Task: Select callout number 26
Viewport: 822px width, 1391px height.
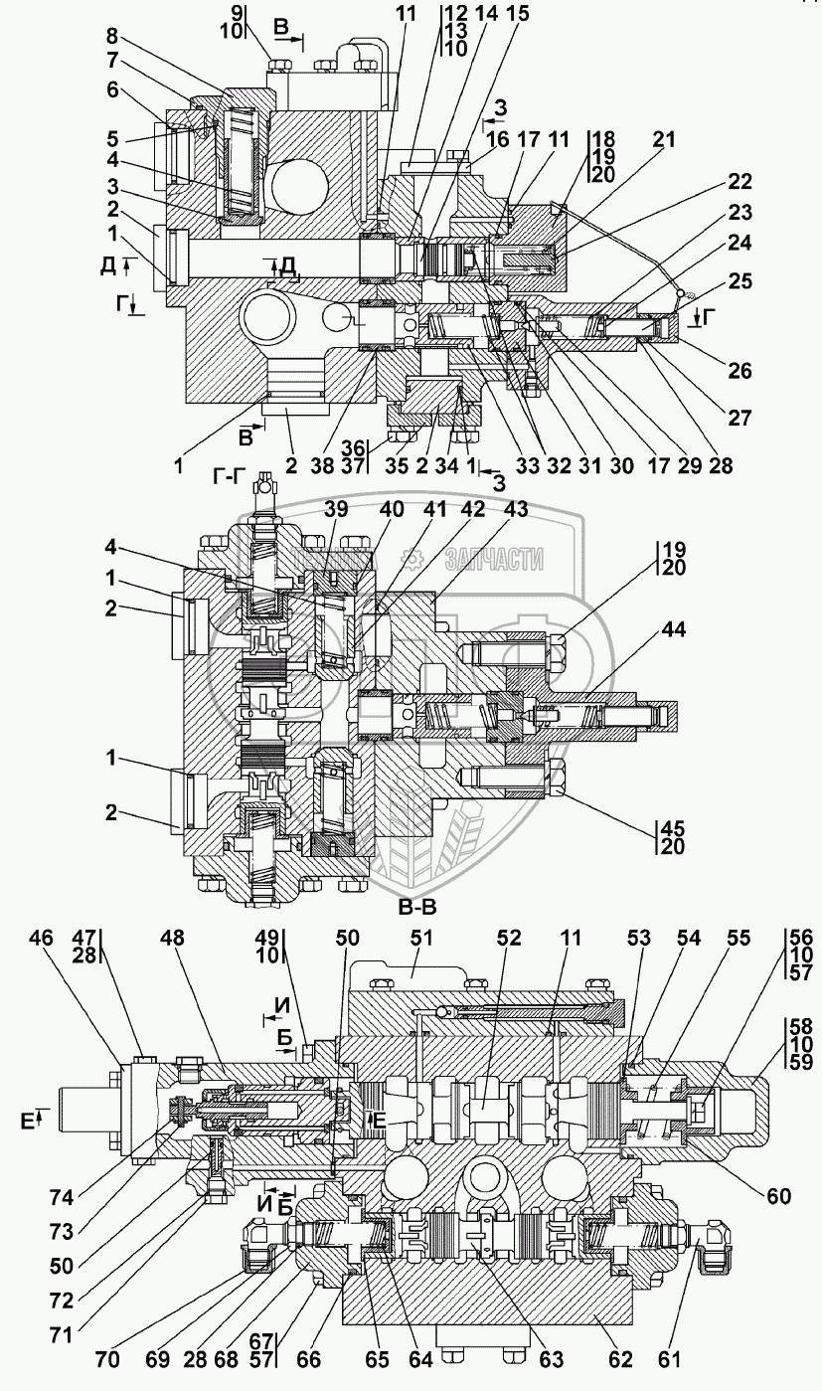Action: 740,371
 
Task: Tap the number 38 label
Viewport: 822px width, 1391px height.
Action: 322,465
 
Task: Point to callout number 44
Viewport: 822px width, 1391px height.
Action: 673,629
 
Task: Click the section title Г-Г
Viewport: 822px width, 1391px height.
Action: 231,477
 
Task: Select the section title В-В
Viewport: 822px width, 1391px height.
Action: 417,907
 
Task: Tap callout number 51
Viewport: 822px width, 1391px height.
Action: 421,938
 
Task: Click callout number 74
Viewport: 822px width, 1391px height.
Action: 62,1198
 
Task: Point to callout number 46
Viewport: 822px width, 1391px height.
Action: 41,938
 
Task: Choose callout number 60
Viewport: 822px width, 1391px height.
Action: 778,1195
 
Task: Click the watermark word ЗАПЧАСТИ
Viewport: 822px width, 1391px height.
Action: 495,561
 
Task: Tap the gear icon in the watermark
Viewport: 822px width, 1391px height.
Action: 411,560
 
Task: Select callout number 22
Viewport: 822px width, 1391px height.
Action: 740,181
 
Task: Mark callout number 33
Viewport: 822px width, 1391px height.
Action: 527,465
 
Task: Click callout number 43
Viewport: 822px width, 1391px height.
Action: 516,510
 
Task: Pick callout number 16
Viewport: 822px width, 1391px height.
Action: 498,139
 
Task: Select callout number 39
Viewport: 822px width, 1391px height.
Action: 336,510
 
